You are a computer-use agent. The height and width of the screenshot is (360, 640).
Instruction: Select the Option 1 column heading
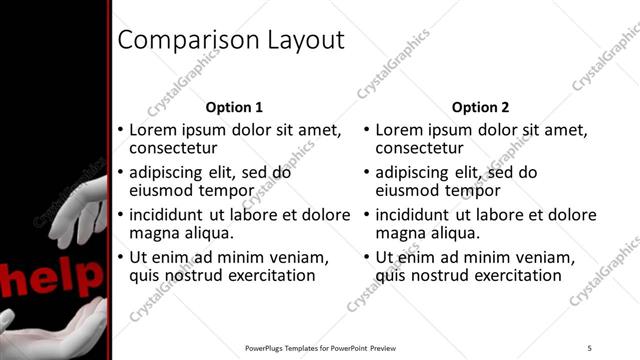pos(234,107)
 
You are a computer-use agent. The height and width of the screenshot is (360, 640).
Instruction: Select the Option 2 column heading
pos(480,107)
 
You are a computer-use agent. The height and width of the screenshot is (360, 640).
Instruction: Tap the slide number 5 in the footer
pos(589,348)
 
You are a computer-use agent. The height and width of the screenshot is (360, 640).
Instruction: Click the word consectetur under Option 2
pos(420,149)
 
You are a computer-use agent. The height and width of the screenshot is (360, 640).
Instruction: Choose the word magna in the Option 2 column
pos(406,233)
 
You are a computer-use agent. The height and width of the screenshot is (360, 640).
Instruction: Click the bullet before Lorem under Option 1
pos(121,131)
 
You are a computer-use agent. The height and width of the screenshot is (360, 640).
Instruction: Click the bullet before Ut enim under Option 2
pos(367,258)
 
